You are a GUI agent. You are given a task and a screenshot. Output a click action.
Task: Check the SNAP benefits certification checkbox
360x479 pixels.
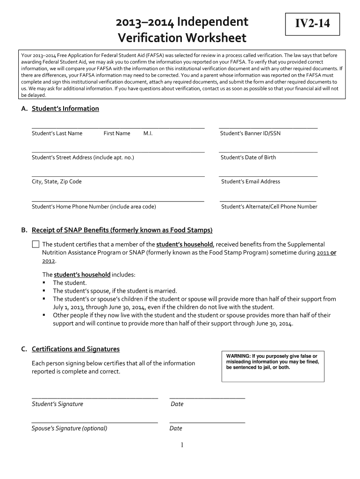pos(36,244)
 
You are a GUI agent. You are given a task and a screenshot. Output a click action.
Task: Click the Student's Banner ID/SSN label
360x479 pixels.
pos(250,133)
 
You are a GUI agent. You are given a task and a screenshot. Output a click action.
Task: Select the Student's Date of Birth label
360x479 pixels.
pos(248,157)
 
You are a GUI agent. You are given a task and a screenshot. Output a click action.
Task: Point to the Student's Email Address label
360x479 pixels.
pos(250,181)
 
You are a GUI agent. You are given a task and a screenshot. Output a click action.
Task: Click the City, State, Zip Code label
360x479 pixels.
pos(57,181)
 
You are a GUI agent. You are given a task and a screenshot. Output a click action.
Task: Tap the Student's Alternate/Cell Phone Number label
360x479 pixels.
pos(269,206)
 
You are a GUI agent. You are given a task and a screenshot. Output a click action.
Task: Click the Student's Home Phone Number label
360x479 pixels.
pos(94,206)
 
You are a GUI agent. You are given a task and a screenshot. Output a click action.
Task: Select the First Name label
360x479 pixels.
pos(117,133)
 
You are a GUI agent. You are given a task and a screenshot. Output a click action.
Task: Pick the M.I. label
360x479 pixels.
pos(148,133)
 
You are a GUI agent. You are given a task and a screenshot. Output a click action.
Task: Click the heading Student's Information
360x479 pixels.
pos(65,109)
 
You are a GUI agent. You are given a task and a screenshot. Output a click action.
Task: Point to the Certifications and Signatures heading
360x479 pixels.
pos(75,349)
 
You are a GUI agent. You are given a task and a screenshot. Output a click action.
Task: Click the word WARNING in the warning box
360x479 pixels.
pos(238,356)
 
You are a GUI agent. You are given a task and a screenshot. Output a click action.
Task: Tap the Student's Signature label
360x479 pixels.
pos(57,404)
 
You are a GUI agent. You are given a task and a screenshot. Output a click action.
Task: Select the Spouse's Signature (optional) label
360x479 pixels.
pos(69,428)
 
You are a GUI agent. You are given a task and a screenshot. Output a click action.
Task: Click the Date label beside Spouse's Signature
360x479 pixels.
pos(176,428)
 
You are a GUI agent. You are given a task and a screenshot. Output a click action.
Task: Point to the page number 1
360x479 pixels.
pos(182,445)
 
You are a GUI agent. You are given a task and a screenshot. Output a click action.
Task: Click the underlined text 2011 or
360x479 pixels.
pos(326,253)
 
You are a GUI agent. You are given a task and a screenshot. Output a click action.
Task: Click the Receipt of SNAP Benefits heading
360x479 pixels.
pos(122,230)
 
